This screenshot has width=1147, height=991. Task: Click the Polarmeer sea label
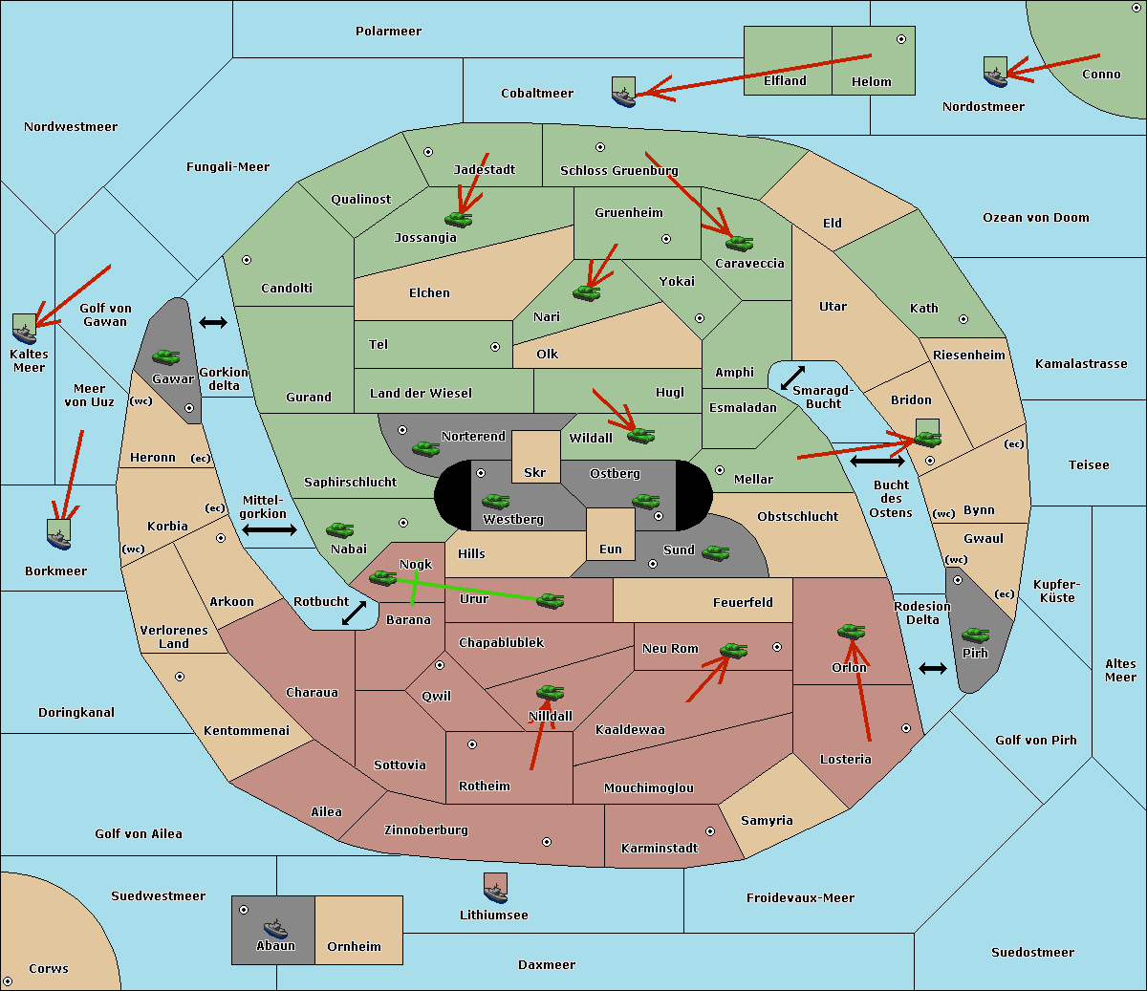(x=388, y=32)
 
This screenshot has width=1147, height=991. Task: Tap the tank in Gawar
(x=166, y=357)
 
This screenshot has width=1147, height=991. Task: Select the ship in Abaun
(x=275, y=928)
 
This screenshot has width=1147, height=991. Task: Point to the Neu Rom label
(x=670, y=648)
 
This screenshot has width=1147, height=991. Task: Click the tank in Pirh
(x=975, y=636)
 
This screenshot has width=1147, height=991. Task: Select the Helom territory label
(x=871, y=82)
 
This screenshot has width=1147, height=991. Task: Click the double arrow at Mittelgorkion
(x=269, y=529)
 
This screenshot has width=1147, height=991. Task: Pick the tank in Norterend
(x=426, y=448)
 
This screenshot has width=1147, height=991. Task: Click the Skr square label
(x=534, y=472)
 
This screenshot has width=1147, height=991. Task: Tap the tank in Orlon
(x=850, y=632)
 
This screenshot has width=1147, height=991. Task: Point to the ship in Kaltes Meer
(x=25, y=329)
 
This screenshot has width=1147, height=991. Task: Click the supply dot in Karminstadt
(x=709, y=831)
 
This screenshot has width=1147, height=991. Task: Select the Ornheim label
(x=354, y=946)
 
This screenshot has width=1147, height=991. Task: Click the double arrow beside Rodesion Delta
(x=933, y=668)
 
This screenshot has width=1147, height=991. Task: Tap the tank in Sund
(x=715, y=552)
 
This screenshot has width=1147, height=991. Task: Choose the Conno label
(x=1101, y=75)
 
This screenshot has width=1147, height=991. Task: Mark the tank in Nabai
(x=339, y=529)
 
